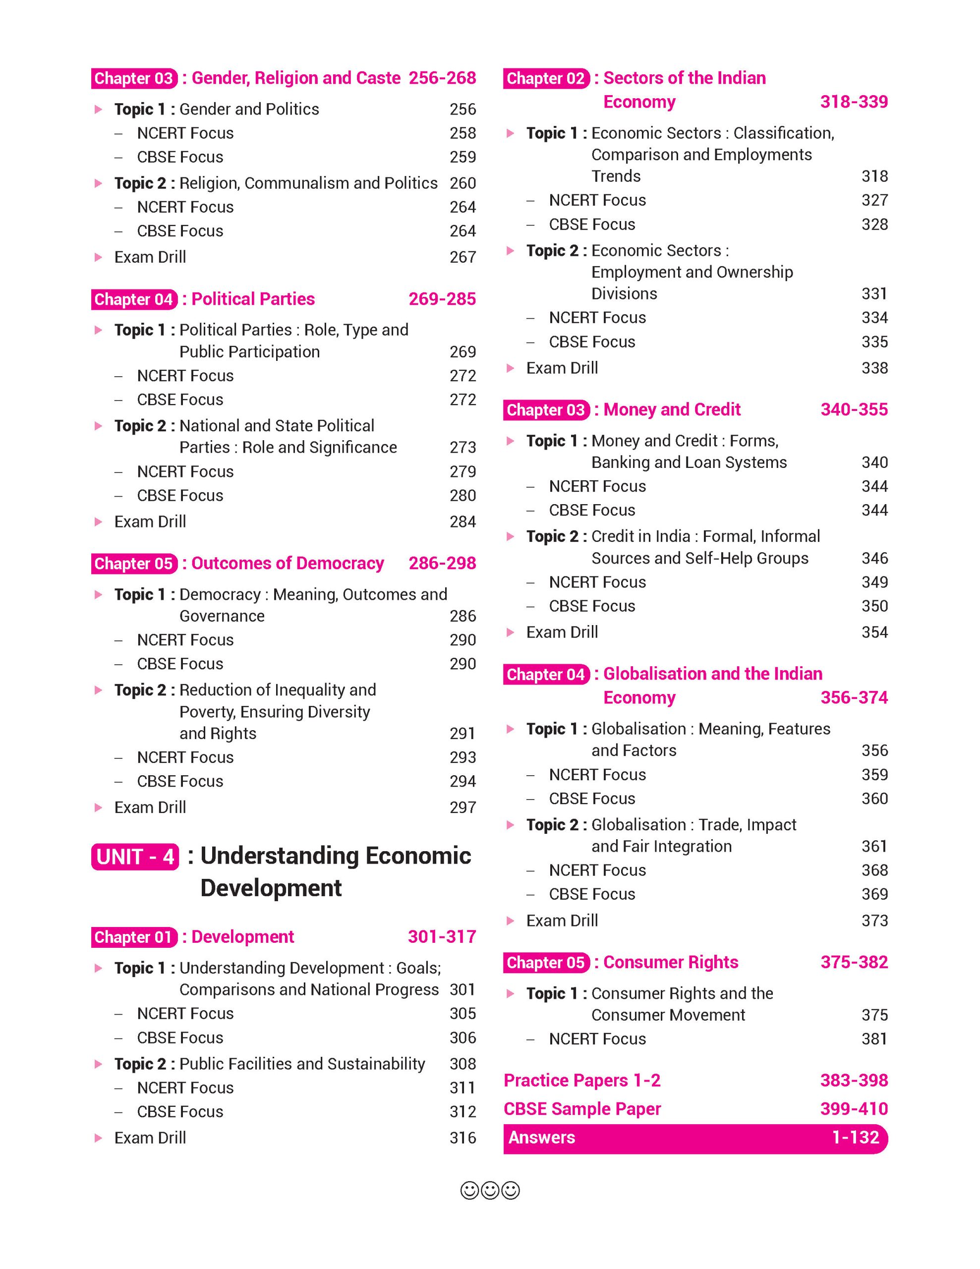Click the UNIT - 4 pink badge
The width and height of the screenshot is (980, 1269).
(x=135, y=857)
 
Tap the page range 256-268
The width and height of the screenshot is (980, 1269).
(x=442, y=78)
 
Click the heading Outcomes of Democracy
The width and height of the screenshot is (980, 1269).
(x=288, y=563)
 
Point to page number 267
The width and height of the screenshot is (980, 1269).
(x=462, y=257)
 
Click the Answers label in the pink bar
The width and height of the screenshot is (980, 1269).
(x=541, y=1137)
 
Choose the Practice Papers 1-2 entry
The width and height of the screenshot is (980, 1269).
(x=582, y=1080)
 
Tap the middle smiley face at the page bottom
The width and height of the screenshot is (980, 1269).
(x=490, y=1191)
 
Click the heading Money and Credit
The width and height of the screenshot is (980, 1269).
(x=672, y=409)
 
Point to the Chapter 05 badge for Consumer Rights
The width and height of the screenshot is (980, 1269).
(x=545, y=963)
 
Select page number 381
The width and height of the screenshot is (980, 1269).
(x=874, y=1039)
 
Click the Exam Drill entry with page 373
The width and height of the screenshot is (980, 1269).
(x=562, y=921)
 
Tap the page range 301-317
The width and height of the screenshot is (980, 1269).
(x=442, y=937)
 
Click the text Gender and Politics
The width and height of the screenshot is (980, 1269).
(x=249, y=109)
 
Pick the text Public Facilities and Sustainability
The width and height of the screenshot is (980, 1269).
(x=302, y=1064)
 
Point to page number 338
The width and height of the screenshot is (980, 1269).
(x=874, y=368)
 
